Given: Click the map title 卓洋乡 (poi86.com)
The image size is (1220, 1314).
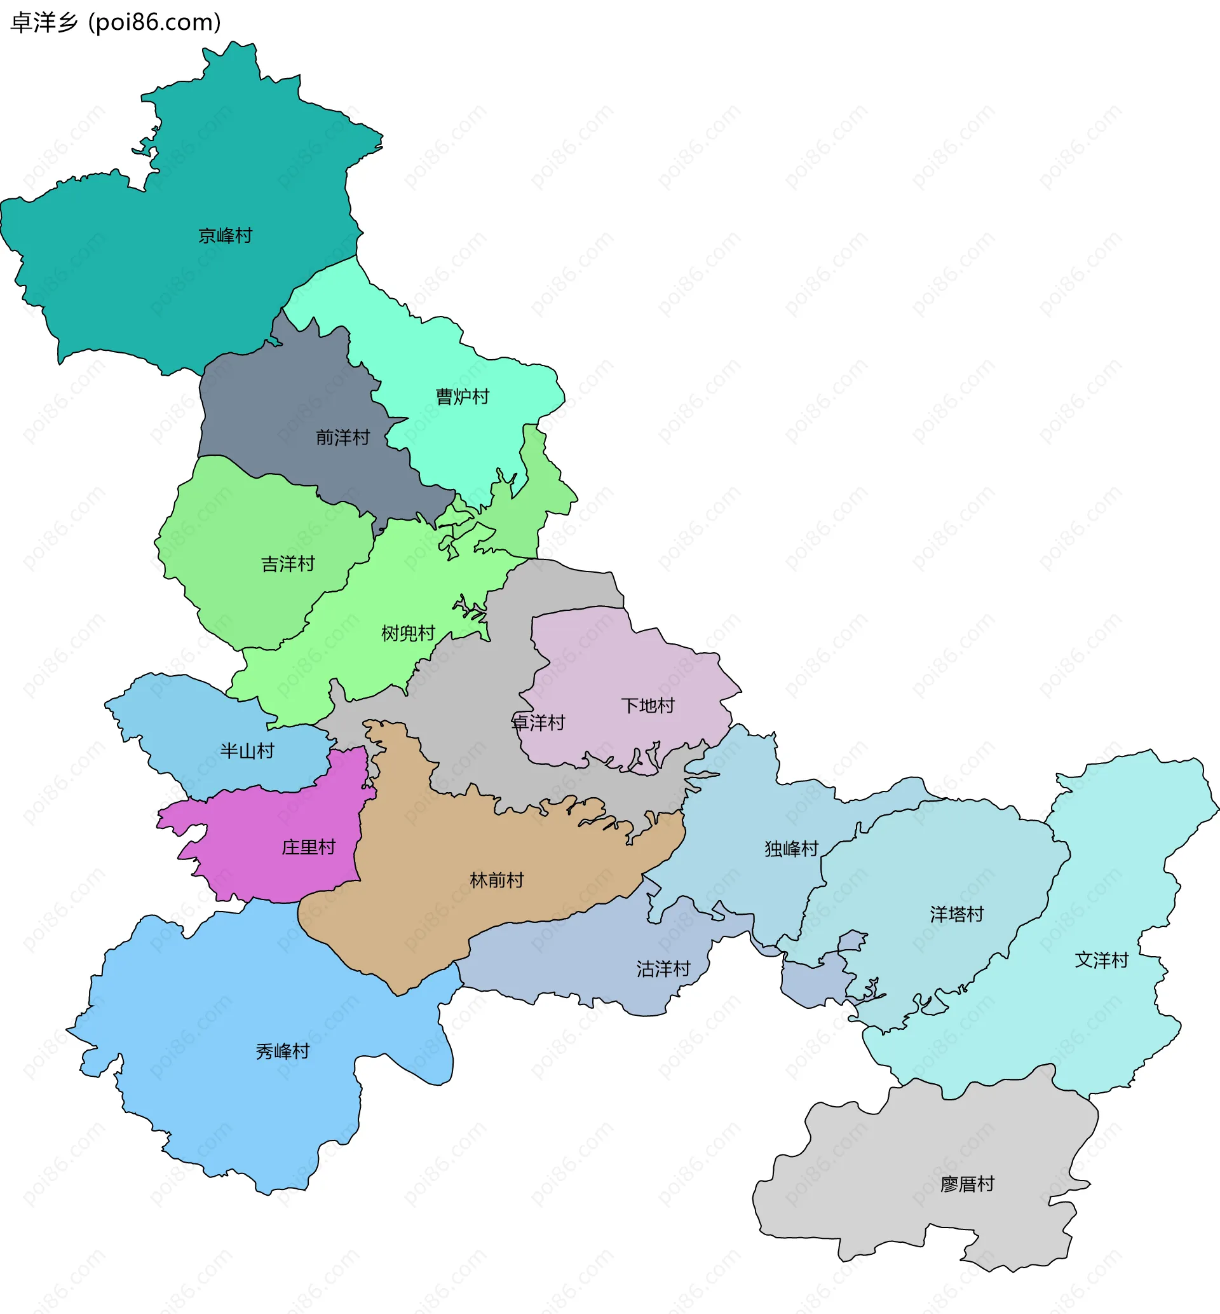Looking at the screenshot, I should click(x=116, y=22).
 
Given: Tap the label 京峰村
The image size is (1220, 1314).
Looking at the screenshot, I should click(x=225, y=236).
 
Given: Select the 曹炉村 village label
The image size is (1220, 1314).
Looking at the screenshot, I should click(x=462, y=397).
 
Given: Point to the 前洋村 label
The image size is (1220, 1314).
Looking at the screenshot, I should click(x=342, y=438).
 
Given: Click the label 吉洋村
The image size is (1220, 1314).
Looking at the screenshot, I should click(x=288, y=564).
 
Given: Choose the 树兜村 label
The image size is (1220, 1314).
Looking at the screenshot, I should click(x=408, y=633).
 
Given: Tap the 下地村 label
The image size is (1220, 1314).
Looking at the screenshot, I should click(x=647, y=706).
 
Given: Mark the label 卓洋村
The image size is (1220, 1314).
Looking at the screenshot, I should click(x=539, y=723).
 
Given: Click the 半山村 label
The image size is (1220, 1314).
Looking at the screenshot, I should click(x=247, y=751).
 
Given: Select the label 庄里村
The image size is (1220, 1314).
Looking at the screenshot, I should click(x=308, y=847).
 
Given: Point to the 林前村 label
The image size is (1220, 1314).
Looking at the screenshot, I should click(x=496, y=880).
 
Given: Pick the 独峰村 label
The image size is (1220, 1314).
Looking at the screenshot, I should click(x=792, y=849).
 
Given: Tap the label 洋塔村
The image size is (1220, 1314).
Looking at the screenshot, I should click(x=956, y=915).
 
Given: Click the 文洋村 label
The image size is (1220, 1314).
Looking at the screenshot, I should click(x=1101, y=960).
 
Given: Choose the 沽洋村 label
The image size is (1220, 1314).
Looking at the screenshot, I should click(x=663, y=969).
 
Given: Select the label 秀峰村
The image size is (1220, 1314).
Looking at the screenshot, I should click(x=283, y=1051).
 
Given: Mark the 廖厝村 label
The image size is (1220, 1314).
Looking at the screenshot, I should click(x=967, y=1184).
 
